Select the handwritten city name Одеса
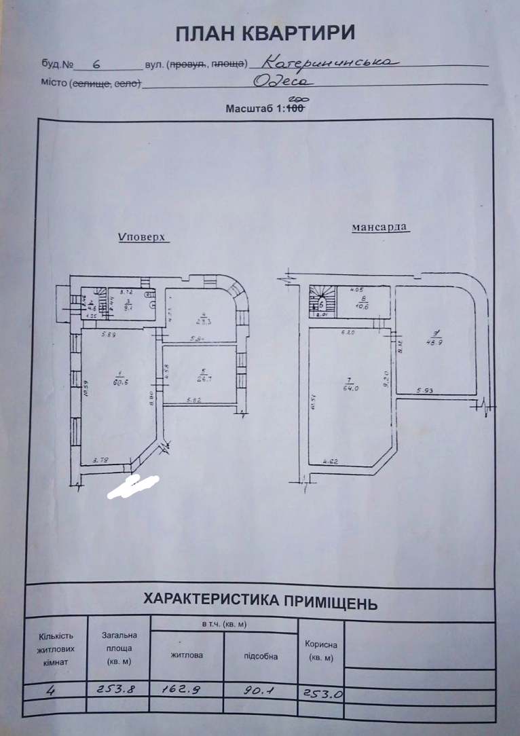pos(283,81)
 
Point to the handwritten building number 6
pos(96,65)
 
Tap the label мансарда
pos(380,227)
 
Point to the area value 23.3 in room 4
pos(202,323)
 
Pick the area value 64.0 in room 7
pos(350,388)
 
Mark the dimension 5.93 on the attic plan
pos(426,390)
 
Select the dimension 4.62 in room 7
pos(331,462)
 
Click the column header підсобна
pos(260,656)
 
